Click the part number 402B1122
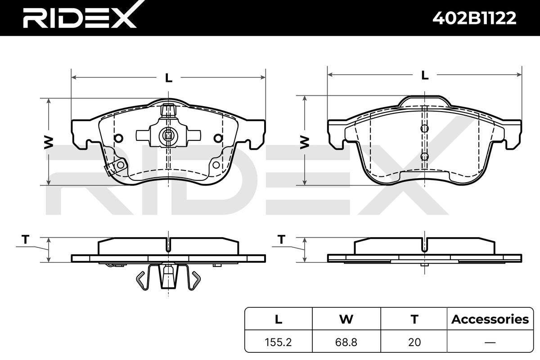[x=474, y=18]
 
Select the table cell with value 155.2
[x=278, y=342]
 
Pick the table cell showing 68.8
[x=346, y=342]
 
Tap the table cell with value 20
[x=414, y=342]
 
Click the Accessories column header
[x=490, y=319]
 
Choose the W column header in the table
[x=346, y=319]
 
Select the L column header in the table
[x=279, y=319]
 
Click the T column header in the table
[x=414, y=319]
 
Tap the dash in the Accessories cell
[x=490, y=342]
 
